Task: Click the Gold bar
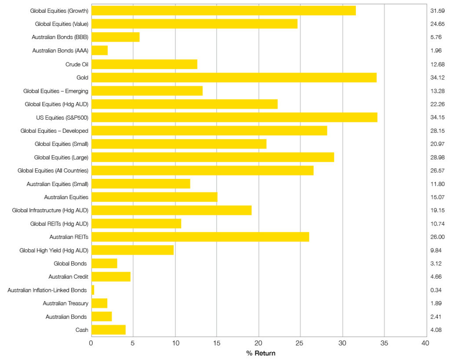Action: click(x=234, y=77)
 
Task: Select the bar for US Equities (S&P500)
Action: click(x=234, y=117)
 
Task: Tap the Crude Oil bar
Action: click(x=144, y=64)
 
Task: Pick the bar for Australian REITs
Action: click(x=200, y=237)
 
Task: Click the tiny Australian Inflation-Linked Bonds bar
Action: click(x=93, y=290)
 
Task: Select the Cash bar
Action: click(x=109, y=330)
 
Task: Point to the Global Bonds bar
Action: click(x=104, y=263)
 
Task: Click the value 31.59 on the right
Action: click(x=438, y=11)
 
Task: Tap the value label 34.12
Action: click(x=438, y=77)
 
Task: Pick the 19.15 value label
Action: click(x=438, y=211)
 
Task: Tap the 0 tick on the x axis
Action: click(x=91, y=343)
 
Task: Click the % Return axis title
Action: click(x=261, y=353)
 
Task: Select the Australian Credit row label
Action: click(x=68, y=277)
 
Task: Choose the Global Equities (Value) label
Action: click(x=62, y=24)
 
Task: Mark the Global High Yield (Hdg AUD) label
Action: click(x=54, y=250)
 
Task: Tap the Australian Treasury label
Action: click(x=65, y=303)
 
